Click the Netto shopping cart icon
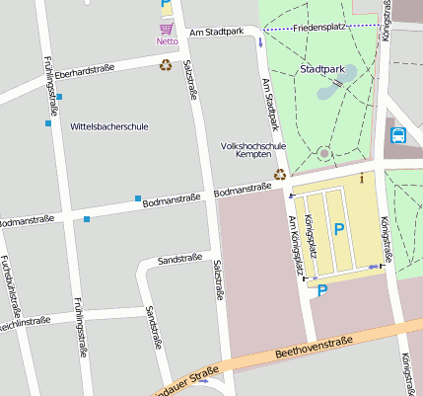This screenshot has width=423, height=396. click(166, 29)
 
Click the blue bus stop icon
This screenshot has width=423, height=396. click(398, 135)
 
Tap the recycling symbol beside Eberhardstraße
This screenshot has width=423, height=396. click(166, 65)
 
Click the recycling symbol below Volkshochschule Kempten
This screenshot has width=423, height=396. click(280, 175)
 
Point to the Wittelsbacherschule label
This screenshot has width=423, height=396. click(109, 126)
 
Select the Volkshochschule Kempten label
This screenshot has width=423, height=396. click(253, 150)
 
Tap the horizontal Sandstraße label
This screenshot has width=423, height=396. click(180, 259)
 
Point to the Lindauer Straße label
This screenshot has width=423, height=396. click(184, 378)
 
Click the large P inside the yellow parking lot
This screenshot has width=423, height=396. click(338, 229)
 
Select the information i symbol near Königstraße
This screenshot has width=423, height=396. click(362, 178)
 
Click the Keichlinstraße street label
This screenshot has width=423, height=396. click(24, 322)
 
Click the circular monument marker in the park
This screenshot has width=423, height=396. click(323, 153)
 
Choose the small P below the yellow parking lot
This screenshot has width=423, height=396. click(320, 290)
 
